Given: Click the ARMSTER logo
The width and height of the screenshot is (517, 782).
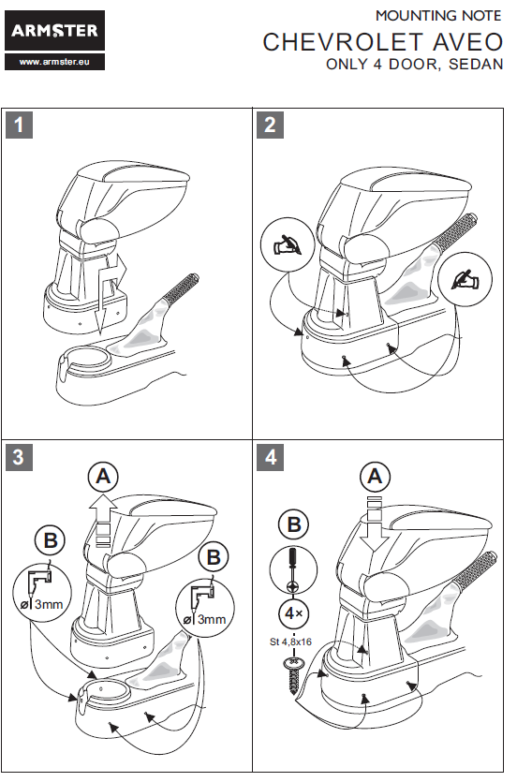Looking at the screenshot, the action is pyautogui.click(x=55, y=30).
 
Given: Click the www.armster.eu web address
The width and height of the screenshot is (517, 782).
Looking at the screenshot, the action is pyautogui.click(x=55, y=62).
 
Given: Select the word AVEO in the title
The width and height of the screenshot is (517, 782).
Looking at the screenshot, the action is pyautogui.click(x=467, y=42).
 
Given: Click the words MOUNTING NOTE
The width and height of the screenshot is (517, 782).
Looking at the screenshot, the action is pyautogui.click(x=438, y=16).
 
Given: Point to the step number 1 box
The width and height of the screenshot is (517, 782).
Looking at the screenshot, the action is pyautogui.click(x=19, y=125).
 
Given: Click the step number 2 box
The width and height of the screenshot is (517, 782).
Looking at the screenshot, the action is pyautogui.click(x=270, y=125).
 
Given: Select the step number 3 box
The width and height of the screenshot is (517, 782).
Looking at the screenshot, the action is pyautogui.click(x=19, y=457).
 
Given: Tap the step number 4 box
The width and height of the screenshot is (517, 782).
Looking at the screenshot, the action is pyautogui.click(x=270, y=457).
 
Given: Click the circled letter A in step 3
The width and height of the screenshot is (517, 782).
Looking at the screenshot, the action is pyautogui.click(x=103, y=477).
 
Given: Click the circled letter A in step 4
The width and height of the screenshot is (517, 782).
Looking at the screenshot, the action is pyautogui.click(x=375, y=477).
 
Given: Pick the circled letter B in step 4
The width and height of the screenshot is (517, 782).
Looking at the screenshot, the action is pyautogui.click(x=294, y=524).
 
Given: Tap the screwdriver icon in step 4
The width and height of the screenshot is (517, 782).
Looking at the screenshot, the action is pyautogui.click(x=293, y=569).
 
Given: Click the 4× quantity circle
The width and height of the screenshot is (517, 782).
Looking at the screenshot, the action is pyautogui.click(x=293, y=612).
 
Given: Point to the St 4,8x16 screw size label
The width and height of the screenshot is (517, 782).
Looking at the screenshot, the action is pyautogui.click(x=290, y=642).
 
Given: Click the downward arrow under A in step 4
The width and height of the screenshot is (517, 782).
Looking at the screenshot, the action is pyautogui.click(x=375, y=524).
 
